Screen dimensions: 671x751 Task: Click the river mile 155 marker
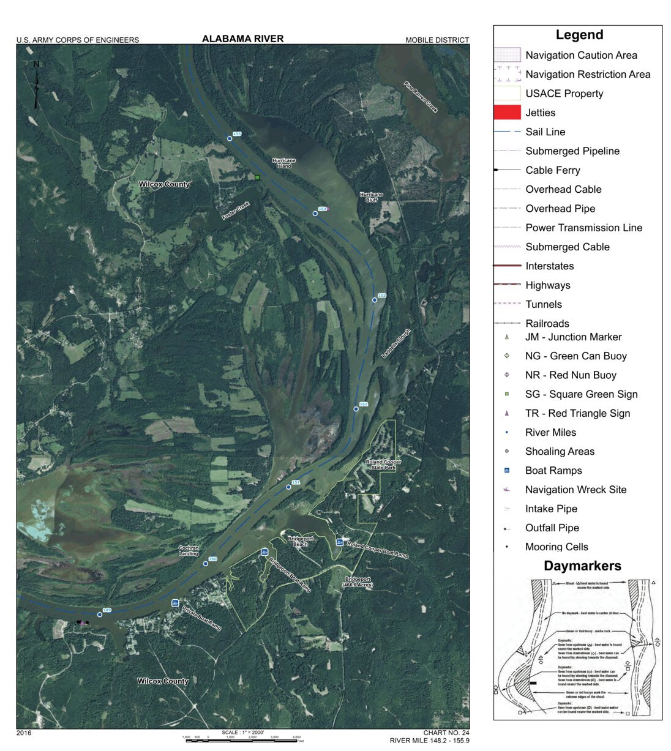click(230, 138)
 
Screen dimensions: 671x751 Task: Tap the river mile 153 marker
click(375, 300)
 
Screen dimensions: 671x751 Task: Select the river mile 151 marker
click(289, 487)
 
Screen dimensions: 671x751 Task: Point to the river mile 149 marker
click(100, 615)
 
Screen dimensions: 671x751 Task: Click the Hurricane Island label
click(283, 163)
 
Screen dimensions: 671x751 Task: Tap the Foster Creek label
click(236, 211)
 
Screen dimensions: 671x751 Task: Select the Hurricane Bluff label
click(371, 197)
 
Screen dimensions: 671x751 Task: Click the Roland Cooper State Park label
click(383, 465)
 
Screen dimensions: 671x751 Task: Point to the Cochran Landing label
click(189, 551)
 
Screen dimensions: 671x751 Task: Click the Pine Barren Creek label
click(421, 97)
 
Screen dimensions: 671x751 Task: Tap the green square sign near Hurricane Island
click(258, 177)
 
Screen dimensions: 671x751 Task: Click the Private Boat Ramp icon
click(175, 603)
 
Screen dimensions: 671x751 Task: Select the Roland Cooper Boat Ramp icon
click(339, 542)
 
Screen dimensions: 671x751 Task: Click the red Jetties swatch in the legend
click(507, 113)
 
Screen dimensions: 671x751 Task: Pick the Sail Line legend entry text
click(545, 132)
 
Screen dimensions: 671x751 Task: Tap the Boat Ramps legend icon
click(507, 471)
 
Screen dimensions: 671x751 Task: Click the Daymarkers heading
click(582, 566)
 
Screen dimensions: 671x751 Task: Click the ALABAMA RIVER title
click(242, 39)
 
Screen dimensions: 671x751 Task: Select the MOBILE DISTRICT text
click(437, 40)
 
